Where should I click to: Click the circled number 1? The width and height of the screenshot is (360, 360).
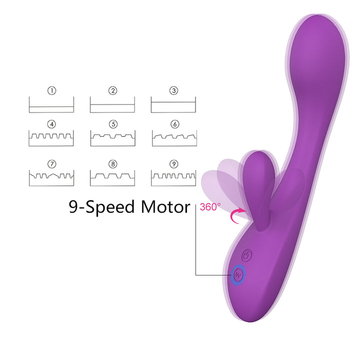click(51, 91)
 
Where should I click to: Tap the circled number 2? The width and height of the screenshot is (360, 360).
click(112, 91)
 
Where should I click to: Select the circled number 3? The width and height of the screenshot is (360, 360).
click(173, 91)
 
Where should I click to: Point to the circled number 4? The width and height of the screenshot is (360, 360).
click(51, 123)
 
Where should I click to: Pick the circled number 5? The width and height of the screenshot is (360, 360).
click(112, 123)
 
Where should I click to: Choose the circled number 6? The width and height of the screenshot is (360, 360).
click(173, 123)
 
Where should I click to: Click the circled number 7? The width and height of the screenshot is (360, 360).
click(51, 163)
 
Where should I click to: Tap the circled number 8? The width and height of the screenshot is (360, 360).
click(112, 163)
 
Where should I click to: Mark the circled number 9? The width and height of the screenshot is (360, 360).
click(173, 163)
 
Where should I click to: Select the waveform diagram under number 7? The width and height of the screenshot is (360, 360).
click(51, 177)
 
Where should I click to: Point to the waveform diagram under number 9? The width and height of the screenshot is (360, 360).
click(173, 177)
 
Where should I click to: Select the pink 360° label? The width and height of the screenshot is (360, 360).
click(210, 206)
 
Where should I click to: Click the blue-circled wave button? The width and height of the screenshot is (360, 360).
click(238, 274)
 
